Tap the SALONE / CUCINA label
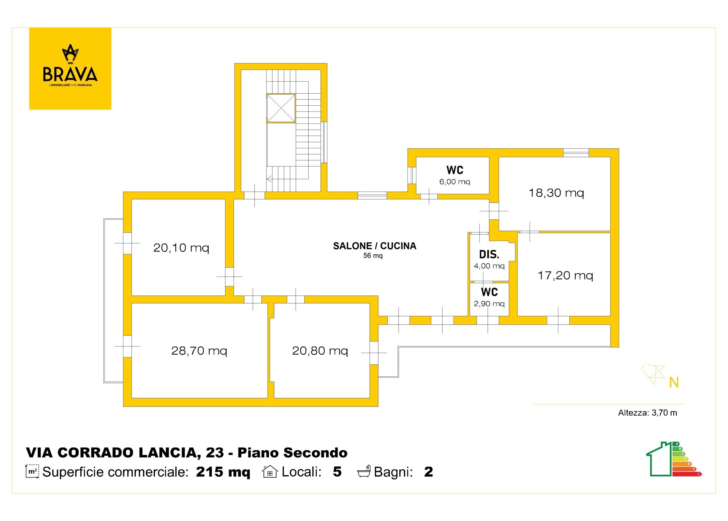[x=375, y=246]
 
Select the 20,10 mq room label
[x=181, y=248]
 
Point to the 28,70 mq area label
[x=199, y=351]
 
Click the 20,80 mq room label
[x=320, y=351]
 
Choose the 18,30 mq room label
[x=556, y=193]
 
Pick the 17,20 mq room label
[x=565, y=275]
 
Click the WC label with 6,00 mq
[x=455, y=170]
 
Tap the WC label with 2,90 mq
[x=489, y=292]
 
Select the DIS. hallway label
[x=489, y=254]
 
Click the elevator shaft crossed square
[x=281, y=108]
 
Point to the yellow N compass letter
[x=674, y=382]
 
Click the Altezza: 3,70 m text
[x=648, y=413]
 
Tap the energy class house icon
[x=674, y=459]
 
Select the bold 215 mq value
[x=223, y=472]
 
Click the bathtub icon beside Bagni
[x=364, y=471]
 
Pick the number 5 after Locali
[x=337, y=471]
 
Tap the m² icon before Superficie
[x=32, y=471]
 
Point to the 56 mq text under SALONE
[x=373, y=256]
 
